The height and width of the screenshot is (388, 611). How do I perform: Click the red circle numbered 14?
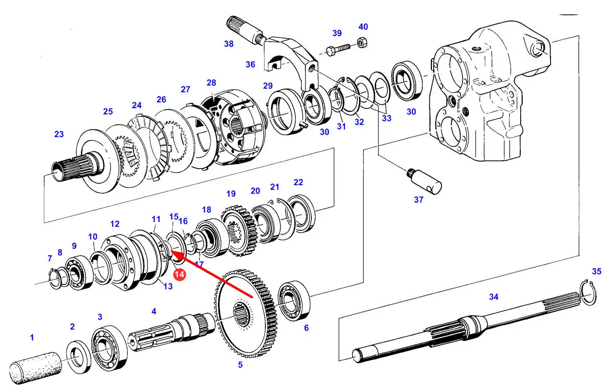[x=180, y=274]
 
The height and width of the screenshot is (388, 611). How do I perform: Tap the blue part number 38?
[x=229, y=44]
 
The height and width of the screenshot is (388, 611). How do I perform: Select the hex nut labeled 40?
[x=362, y=43]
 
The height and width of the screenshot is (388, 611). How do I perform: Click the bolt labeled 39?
[x=339, y=49]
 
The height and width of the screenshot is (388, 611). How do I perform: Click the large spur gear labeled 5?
[x=245, y=313]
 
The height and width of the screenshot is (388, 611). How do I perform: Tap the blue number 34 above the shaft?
[x=493, y=297]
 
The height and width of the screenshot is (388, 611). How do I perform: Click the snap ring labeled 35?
[x=588, y=292]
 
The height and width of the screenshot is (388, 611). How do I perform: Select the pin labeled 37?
[x=424, y=181]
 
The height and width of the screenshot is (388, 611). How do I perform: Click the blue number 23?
[x=59, y=134]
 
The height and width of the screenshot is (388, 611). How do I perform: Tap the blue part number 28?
[x=211, y=83]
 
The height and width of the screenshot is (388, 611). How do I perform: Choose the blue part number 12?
[x=115, y=224]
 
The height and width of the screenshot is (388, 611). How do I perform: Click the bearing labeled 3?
[x=109, y=348]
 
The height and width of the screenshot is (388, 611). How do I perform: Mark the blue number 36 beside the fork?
[x=250, y=65]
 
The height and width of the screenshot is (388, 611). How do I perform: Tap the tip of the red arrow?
[x=171, y=252]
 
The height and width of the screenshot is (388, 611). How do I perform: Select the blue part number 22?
[x=298, y=182]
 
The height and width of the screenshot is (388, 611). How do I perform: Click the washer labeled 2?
[x=79, y=357]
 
